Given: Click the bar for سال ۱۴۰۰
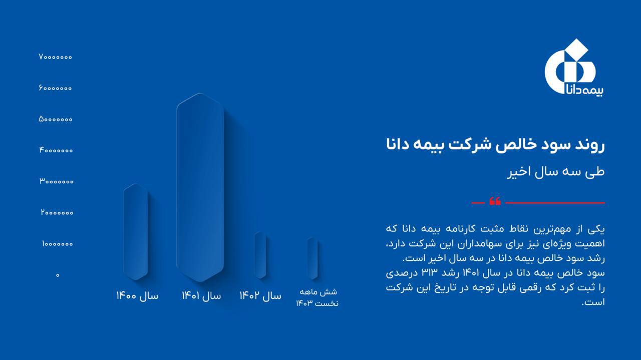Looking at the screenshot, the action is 136,232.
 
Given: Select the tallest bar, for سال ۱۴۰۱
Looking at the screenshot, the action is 200,187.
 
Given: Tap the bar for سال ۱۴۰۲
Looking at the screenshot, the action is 260,255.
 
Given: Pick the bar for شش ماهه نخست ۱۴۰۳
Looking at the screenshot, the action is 312,258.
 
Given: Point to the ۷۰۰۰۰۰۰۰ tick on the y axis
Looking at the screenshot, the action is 55,57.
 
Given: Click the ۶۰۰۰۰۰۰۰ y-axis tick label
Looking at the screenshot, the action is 55,88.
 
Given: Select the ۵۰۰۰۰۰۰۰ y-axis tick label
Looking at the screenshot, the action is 56,119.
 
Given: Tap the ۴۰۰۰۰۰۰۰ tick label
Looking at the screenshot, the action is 56,150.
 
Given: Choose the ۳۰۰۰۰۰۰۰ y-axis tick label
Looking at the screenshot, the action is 57,181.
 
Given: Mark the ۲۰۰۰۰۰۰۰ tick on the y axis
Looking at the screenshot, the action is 57,213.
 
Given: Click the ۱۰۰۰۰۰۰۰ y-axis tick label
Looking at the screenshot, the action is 57,244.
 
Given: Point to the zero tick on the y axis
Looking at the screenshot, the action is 58,275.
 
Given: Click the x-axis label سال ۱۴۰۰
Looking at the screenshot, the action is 137,295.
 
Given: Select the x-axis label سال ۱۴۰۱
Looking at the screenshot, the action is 201,295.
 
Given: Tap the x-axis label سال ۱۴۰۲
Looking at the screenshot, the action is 260,295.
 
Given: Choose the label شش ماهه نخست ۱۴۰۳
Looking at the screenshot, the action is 317,297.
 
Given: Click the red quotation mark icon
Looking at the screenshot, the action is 495,201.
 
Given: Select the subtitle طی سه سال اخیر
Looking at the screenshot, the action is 556,172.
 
